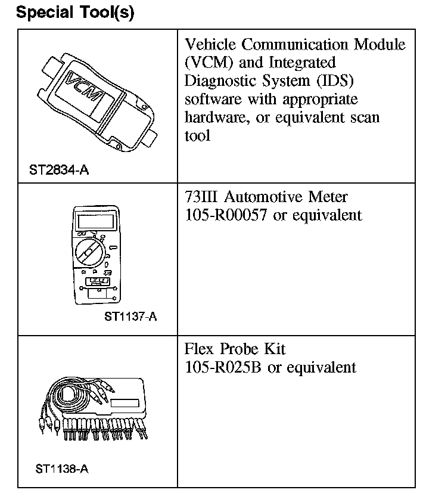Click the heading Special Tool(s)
76,13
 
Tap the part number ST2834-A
59,170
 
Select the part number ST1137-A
130,317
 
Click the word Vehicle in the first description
211,45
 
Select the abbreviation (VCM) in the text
209,63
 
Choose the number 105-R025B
223,367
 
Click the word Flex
199,349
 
